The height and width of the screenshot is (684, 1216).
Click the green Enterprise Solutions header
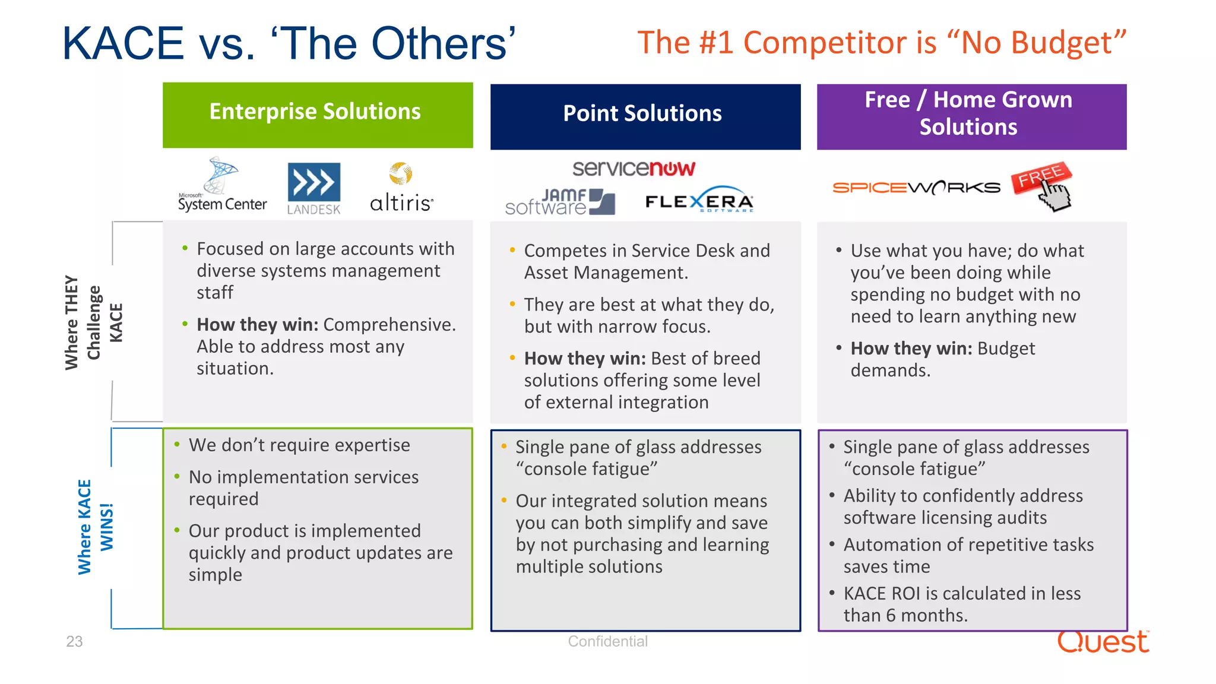[x=318, y=115]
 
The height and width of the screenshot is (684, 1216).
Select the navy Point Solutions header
[x=645, y=116]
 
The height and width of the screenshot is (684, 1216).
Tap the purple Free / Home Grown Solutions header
[x=971, y=116]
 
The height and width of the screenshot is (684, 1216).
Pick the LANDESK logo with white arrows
[x=314, y=188]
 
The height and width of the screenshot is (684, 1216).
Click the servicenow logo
[x=633, y=169]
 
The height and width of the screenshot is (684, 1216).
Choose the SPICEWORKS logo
[x=916, y=188]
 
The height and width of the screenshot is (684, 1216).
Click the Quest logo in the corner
[x=1103, y=642]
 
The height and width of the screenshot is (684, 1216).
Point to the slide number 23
[x=74, y=642]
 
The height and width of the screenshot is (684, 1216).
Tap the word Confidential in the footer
[x=607, y=642]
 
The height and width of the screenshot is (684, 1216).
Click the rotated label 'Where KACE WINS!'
[x=95, y=527]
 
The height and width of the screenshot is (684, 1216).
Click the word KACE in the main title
[x=123, y=44]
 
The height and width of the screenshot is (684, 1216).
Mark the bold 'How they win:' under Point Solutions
[x=584, y=359]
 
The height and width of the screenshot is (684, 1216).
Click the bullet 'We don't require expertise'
[x=299, y=445]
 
